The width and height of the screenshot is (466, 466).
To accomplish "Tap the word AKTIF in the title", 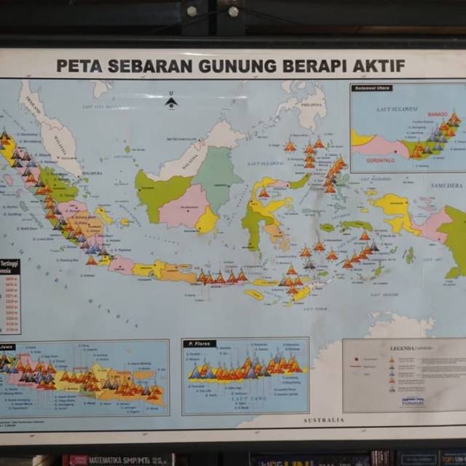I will pos(381,66).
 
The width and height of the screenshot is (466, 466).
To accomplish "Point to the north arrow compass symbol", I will pos(171,101).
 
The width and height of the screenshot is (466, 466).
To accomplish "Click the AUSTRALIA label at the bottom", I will pos(323,420).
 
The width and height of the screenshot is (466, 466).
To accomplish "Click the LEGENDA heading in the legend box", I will pos(403,348).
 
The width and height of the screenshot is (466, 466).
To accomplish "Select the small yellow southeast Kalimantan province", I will pos(208,221).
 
